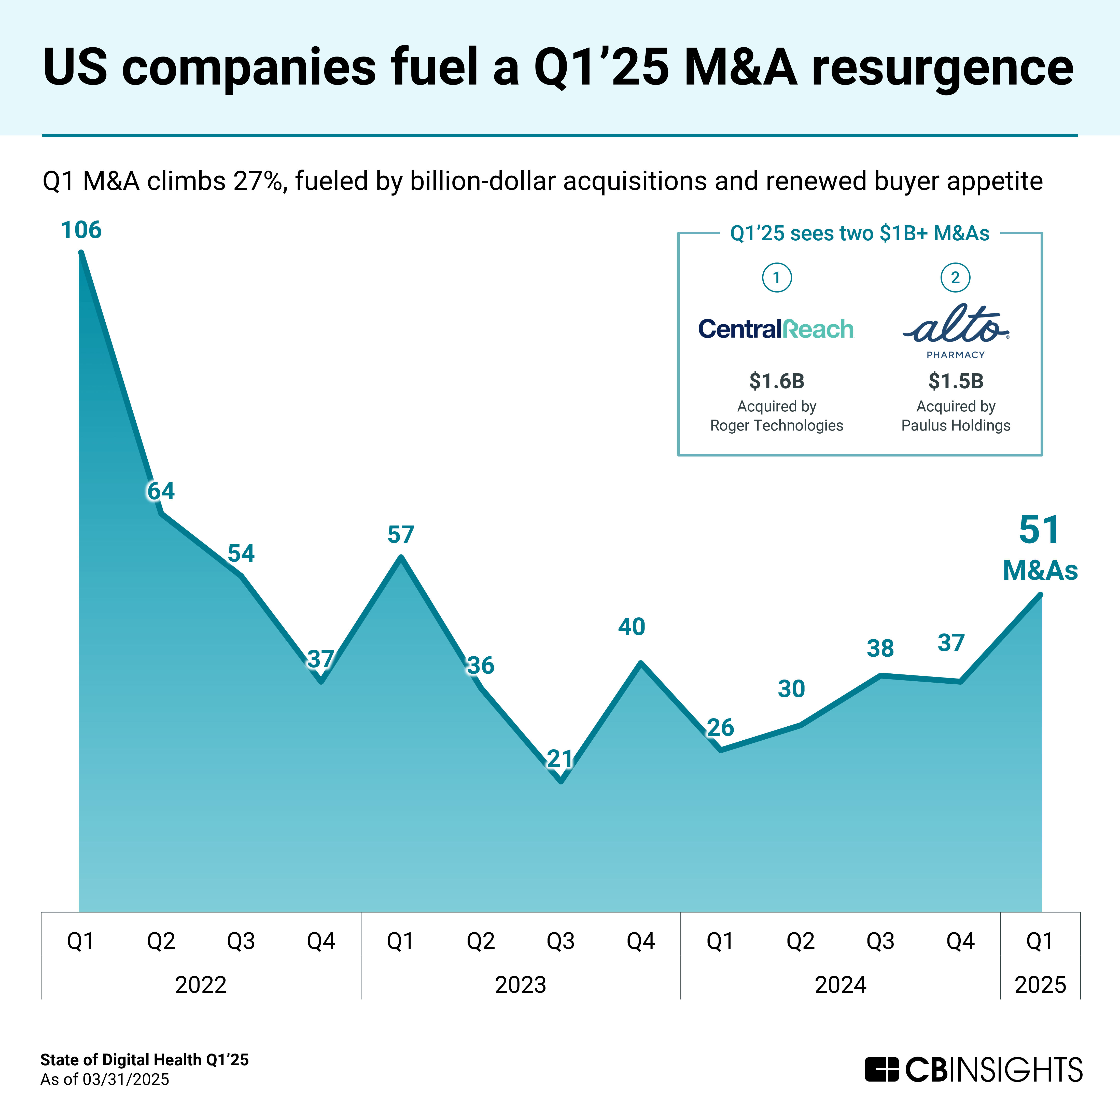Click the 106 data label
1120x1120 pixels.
coord(81,230)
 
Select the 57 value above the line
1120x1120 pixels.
coord(401,534)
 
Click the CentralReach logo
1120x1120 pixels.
coord(776,329)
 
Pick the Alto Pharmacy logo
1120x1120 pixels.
coord(955,330)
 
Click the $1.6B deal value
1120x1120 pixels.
coord(776,381)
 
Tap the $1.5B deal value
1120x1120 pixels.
coord(955,381)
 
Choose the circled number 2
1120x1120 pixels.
coord(955,278)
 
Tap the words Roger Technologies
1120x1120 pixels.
coord(776,425)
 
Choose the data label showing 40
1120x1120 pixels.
coord(631,627)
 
